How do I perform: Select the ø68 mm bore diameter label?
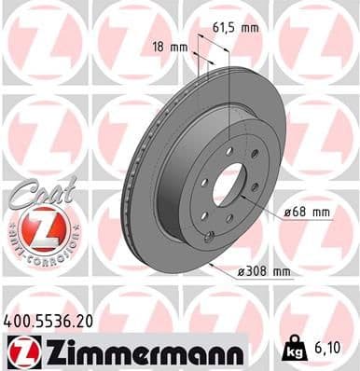[307, 212]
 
